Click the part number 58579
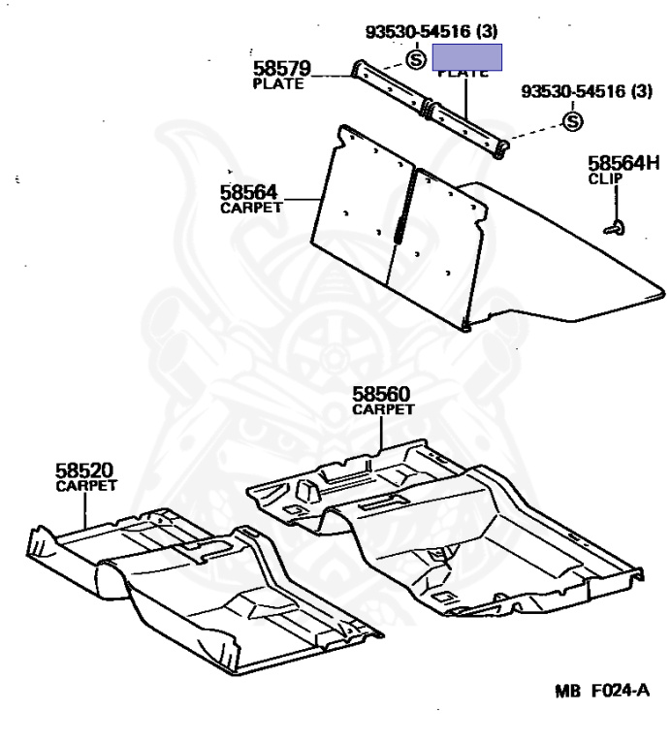pos(282,69)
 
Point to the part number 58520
pos(85,470)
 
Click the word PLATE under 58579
pos(277,83)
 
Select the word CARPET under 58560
pos(383,409)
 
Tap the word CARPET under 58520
pos(86,484)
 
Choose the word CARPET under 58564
pos(251,208)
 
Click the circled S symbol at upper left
pos(415,60)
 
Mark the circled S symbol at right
pos(572,121)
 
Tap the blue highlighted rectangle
pos(467,55)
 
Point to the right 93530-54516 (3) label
pos(587,92)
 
